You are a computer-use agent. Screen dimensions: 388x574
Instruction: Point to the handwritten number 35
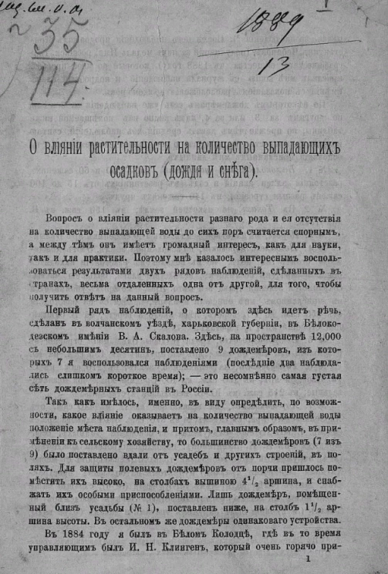[54, 39]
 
